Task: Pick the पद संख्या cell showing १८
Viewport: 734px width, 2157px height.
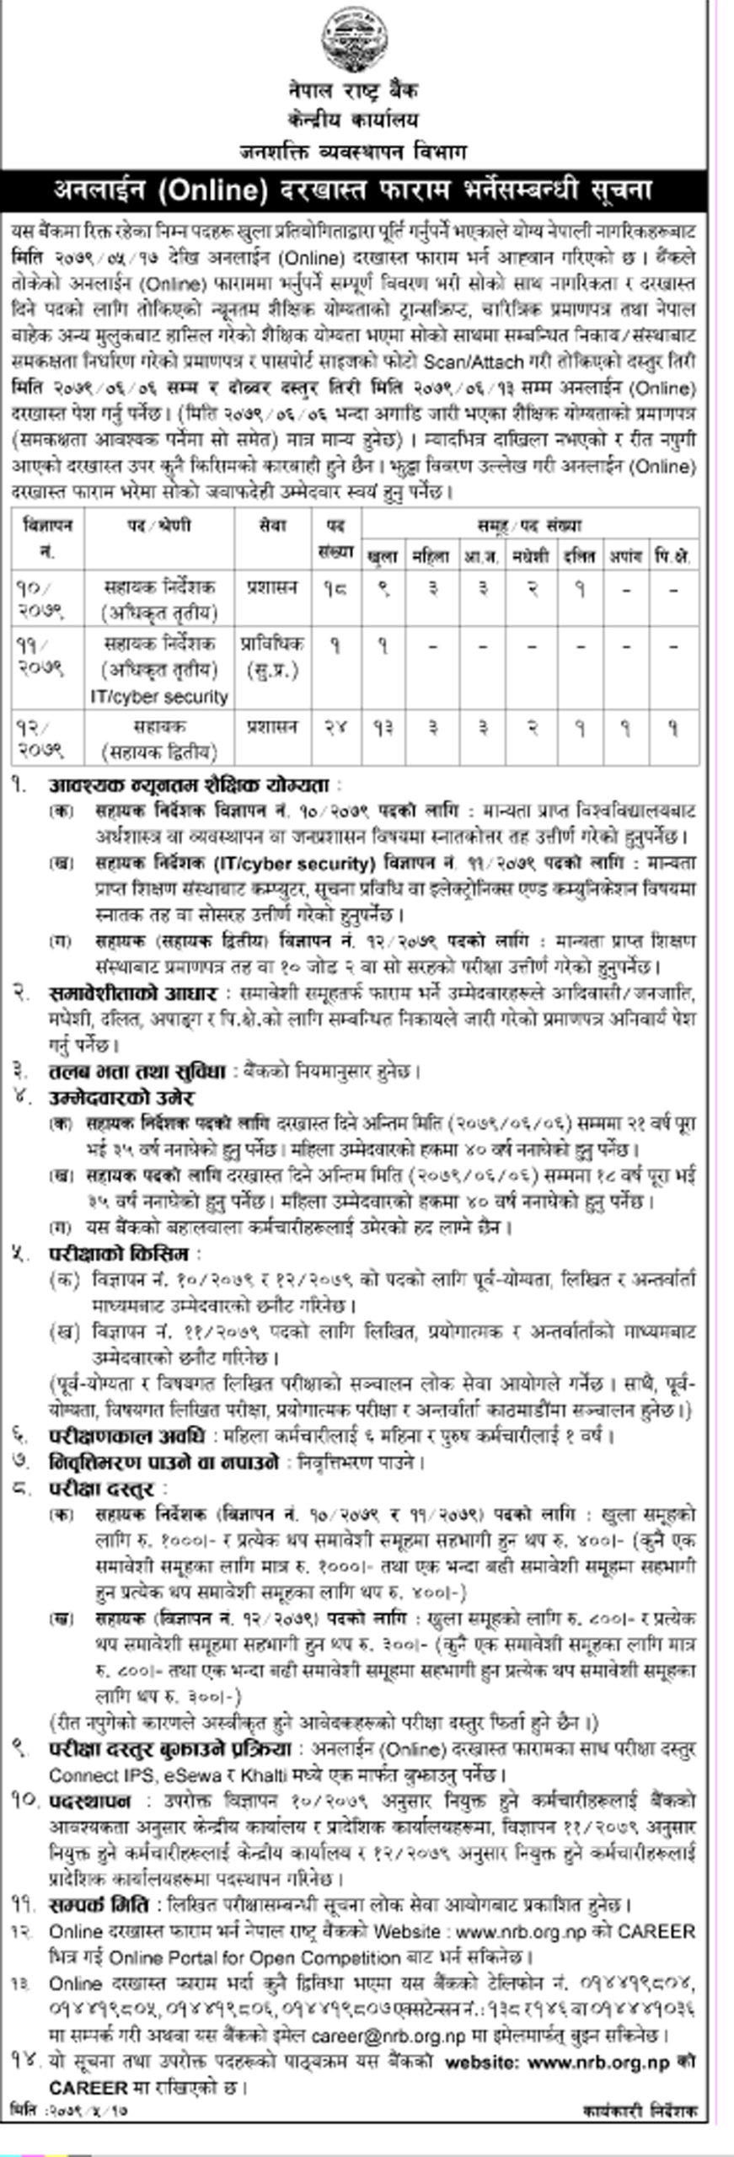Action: point(335,589)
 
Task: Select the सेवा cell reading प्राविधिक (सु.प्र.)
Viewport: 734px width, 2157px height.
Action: point(272,656)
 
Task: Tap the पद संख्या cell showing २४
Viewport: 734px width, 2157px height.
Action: point(335,727)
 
